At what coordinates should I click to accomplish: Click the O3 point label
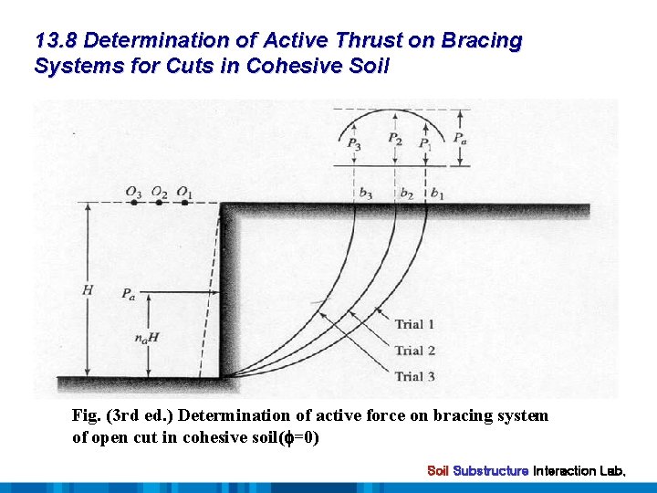coord(134,192)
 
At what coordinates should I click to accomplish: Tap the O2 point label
coord(160,192)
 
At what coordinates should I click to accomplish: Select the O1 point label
coord(184,192)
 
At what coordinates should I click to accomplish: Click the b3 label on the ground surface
coord(365,194)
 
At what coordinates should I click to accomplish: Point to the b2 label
coord(406,194)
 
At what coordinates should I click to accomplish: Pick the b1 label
coord(437,194)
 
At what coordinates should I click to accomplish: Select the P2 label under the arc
coord(394,139)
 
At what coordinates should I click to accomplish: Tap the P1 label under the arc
coord(424,143)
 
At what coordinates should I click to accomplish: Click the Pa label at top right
coord(463,139)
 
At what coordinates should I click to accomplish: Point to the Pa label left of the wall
coord(130,294)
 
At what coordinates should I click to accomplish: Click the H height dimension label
coord(87,290)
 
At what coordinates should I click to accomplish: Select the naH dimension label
coord(146,337)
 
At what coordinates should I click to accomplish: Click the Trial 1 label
coord(414,324)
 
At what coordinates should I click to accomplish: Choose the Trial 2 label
coord(414,351)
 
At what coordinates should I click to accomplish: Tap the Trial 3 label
coord(414,376)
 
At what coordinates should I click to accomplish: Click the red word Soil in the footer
coord(438,471)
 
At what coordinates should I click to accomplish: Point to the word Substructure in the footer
coord(491,471)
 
